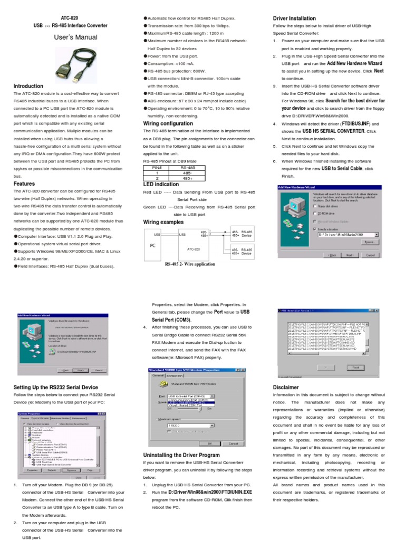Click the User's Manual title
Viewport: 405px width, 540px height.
pyautogui.click(x=76, y=37)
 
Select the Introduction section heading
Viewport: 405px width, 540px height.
pyautogui.click(x=28, y=86)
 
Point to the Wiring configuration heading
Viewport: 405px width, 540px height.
pyautogui.click(x=168, y=123)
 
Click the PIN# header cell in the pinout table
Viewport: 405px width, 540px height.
pyautogui.click(x=156, y=167)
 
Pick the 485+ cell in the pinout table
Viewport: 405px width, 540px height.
pyautogui.click(x=188, y=179)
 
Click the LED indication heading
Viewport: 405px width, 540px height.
pyautogui.click(x=161, y=185)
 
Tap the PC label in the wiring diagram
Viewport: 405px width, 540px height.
pyautogui.click(x=153, y=246)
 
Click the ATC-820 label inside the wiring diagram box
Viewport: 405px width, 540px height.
pyautogui.click(x=194, y=249)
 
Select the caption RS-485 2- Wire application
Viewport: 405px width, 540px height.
pyautogui.click(x=190, y=264)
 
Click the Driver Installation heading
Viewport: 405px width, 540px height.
pyautogui.click(x=294, y=18)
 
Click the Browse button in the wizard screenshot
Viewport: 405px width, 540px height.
pyautogui.click(x=369, y=242)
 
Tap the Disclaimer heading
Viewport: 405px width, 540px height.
pyautogui.click(x=286, y=387)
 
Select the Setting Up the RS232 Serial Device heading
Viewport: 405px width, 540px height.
pyautogui.click(x=55, y=387)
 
